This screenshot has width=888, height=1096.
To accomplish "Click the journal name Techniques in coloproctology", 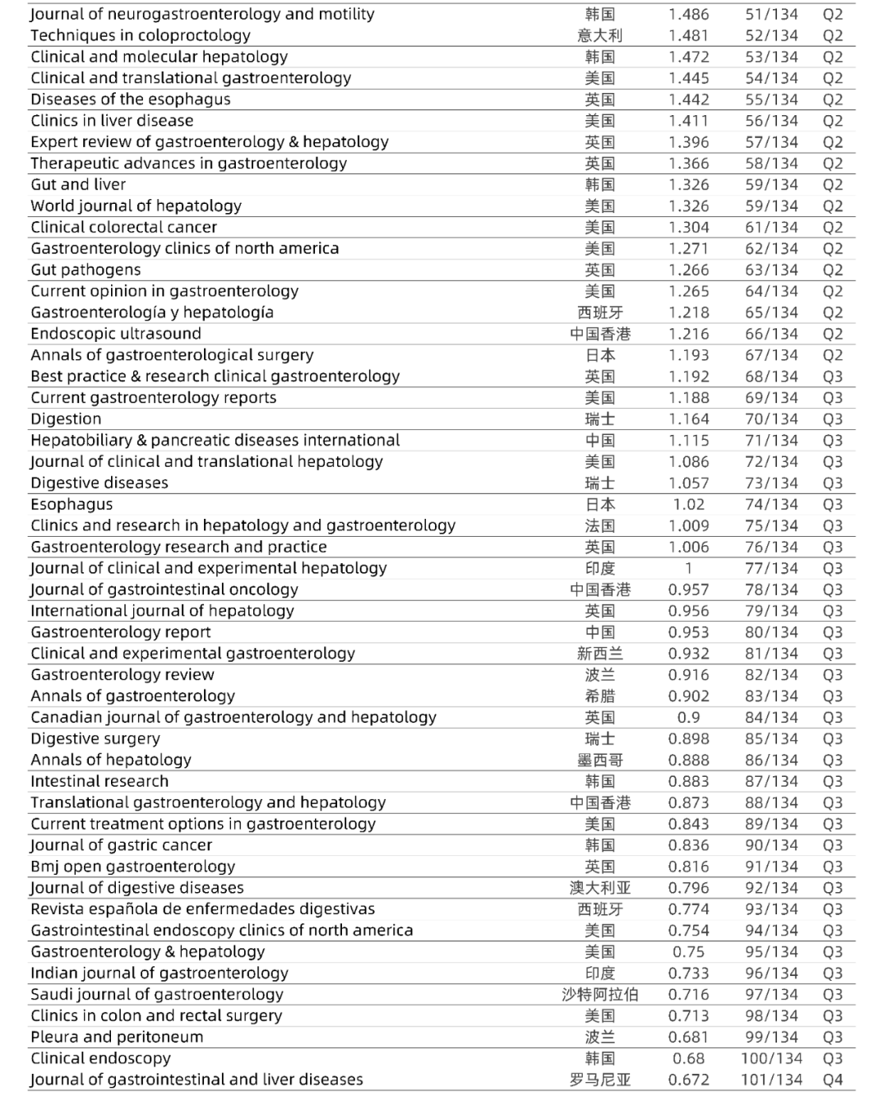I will coord(141,35).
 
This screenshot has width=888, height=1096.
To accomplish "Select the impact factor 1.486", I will coord(688,14).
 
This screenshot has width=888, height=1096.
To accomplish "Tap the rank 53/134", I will coord(771,57).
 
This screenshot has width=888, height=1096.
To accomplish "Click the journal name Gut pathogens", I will coord(86,270).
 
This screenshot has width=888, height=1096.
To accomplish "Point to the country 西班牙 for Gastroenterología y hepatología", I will coord(600,312).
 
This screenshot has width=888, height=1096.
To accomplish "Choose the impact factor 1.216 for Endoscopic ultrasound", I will coord(688,334).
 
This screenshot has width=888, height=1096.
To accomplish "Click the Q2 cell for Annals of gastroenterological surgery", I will coord(833,355).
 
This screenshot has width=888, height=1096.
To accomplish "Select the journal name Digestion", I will coord(66,419).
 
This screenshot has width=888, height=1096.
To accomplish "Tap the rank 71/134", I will coord(771,441).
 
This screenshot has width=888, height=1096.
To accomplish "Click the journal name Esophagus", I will coord(72,504).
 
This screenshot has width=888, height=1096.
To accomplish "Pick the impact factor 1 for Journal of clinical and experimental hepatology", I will coord(688,568).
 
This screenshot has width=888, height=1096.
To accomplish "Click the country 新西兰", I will coord(600,654).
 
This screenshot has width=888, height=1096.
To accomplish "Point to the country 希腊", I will coord(600,696).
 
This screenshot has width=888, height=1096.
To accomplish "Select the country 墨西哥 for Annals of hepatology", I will coord(600,761).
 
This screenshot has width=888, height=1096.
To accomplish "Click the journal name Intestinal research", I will coord(99,781).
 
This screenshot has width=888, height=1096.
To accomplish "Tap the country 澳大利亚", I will coord(600,888).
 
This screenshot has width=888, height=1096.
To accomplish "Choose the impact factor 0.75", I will coord(688,952).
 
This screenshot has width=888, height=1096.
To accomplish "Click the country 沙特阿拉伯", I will coord(600,995).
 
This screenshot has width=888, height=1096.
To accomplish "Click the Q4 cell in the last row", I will coord(833,1080).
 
